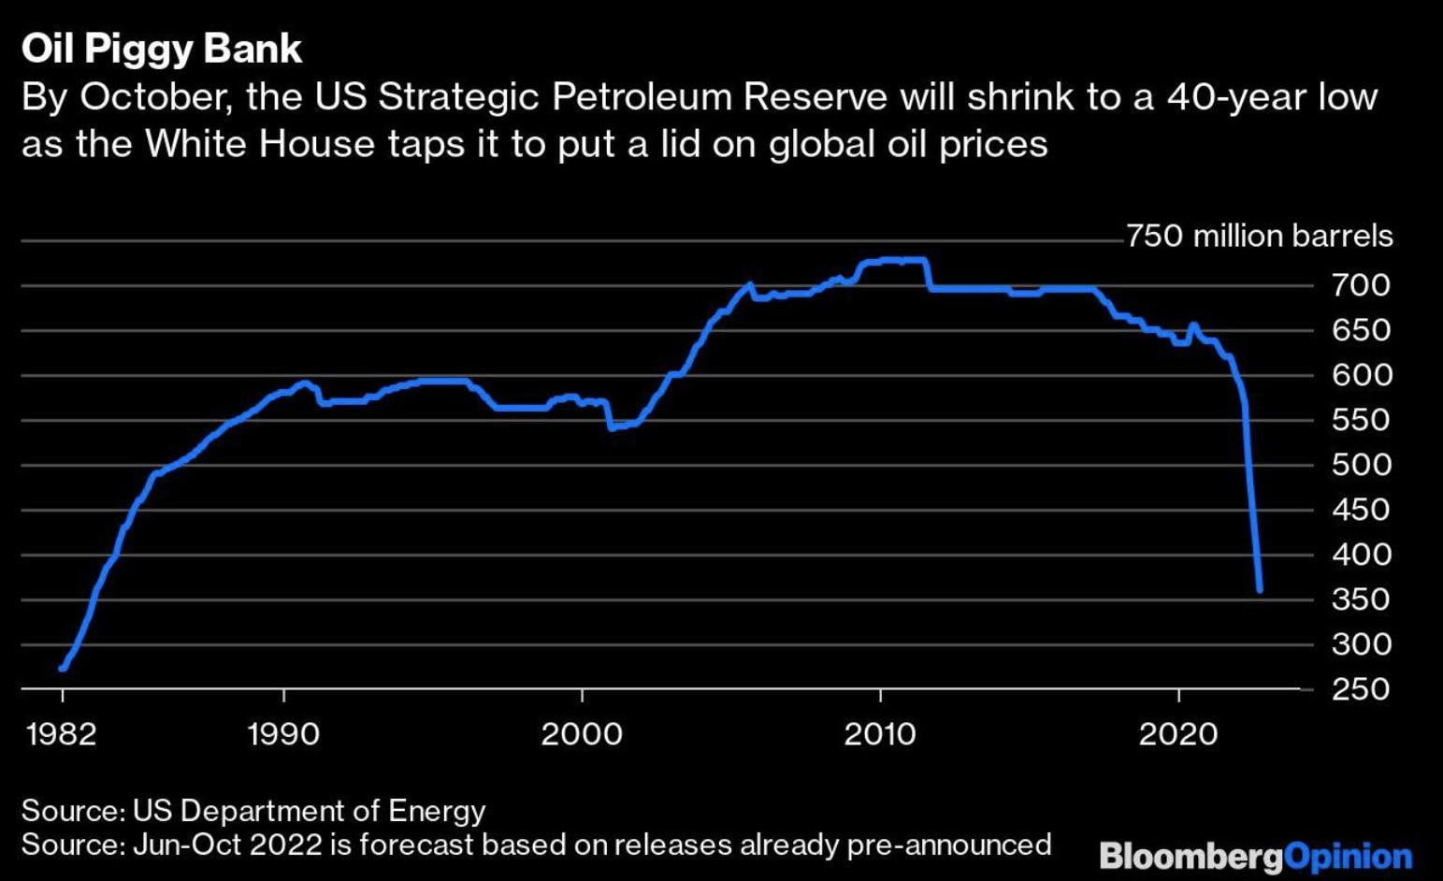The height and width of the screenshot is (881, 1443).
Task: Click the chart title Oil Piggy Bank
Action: pyautogui.click(x=161, y=50)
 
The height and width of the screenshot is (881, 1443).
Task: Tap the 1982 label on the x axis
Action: pyautogui.click(x=62, y=734)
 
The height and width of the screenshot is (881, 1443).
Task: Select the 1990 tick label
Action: pyautogui.click(x=282, y=734)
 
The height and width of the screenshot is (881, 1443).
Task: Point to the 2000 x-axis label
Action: pyautogui.click(x=581, y=734)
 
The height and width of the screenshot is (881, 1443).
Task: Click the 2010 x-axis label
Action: pyautogui.click(x=879, y=734)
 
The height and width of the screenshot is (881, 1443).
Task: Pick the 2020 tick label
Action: pyautogui.click(x=1177, y=734)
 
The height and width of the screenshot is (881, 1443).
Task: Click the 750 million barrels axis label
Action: pyautogui.click(x=1259, y=236)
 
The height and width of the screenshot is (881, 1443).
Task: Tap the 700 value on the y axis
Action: pyautogui.click(x=1361, y=285)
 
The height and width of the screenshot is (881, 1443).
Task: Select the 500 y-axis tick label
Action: pyautogui.click(x=1361, y=465)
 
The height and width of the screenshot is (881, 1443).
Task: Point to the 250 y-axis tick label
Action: pyautogui.click(x=1361, y=689)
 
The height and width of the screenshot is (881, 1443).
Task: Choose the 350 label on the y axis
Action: pyautogui.click(x=1361, y=599)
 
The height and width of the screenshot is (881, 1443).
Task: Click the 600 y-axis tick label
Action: pyautogui.click(x=1361, y=375)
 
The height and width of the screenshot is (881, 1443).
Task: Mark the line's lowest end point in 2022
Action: pyautogui.click(x=1260, y=590)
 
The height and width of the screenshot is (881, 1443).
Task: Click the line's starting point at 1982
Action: pyautogui.click(x=63, y=668)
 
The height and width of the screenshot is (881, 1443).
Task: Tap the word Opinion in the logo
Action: pyautogui.click(x=1348, y=857)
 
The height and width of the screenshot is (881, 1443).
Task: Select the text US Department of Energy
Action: pyautogui.click(x=309, y=811)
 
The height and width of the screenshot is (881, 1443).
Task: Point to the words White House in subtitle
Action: pyautogui.click(x=260, y=144)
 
